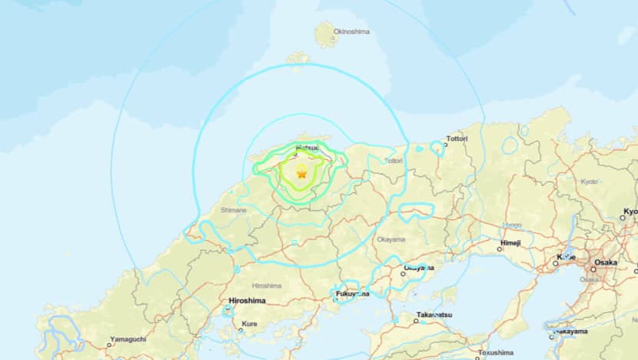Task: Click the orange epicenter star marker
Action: click(301, 175)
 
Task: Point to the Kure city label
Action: click(250, 325)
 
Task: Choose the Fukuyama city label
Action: click(352, 294)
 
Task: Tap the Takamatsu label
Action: click(435, 315)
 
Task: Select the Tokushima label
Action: click(495, 354)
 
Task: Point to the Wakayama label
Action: click(570, 332)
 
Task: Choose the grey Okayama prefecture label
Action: click(390, 239)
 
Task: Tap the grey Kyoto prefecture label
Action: click(589, 182)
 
